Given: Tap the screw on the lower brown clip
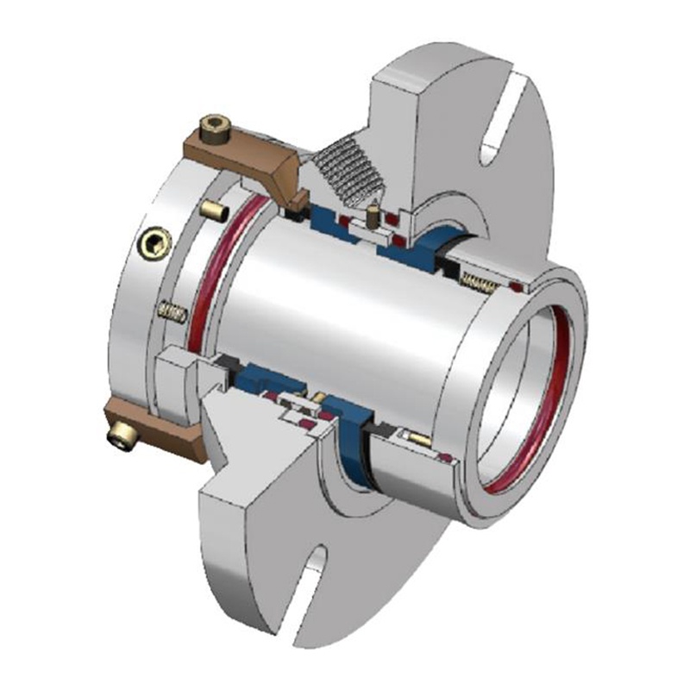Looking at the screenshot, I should (x=121, y=439).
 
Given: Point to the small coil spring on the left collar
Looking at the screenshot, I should (x=173, y=312).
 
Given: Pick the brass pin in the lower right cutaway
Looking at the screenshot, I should (x=420, y=438).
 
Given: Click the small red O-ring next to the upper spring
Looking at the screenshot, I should (x=516, y=285).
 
